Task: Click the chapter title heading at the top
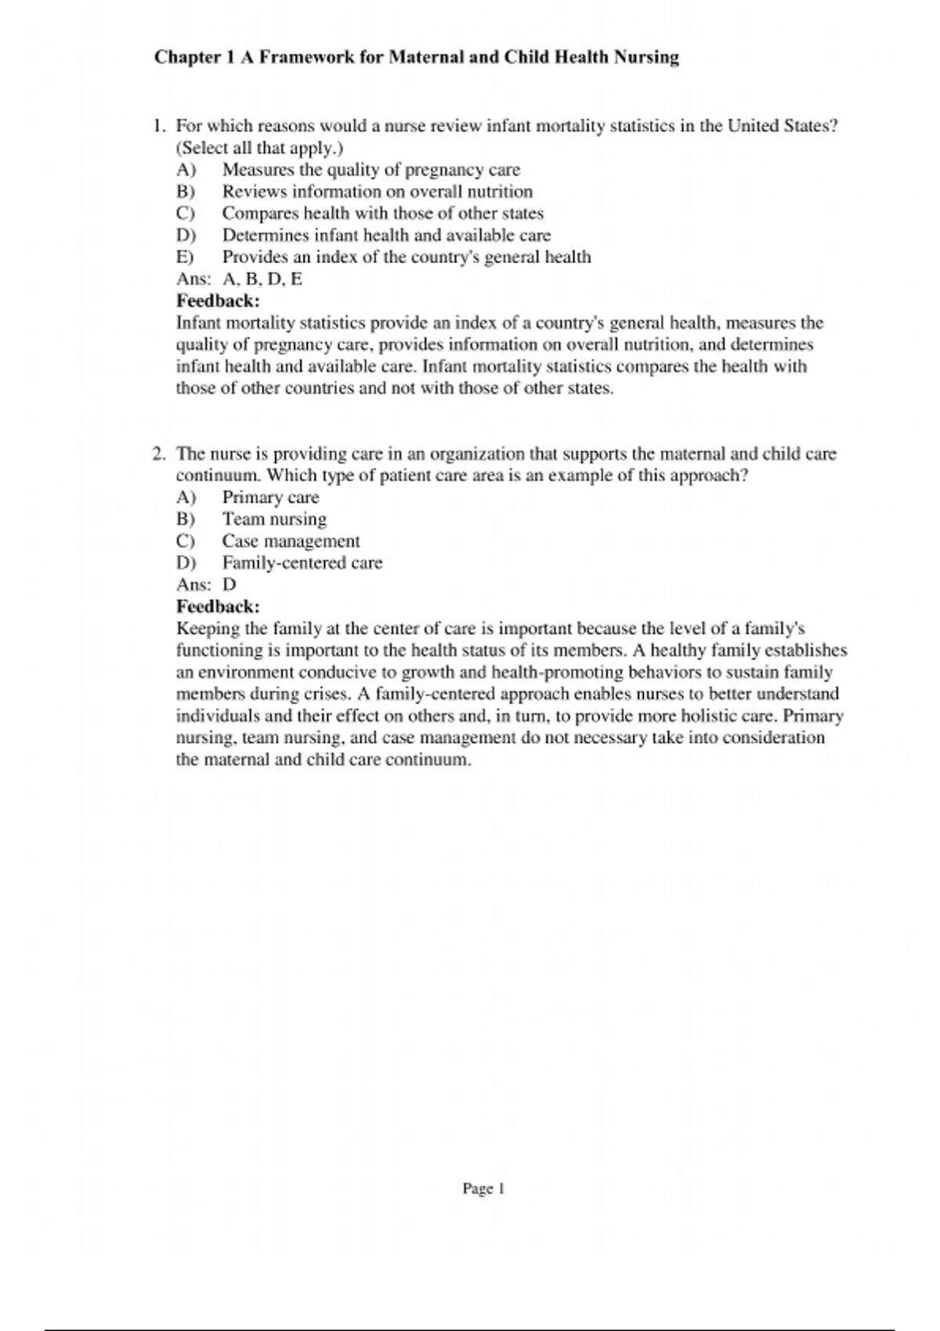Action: point(416,57)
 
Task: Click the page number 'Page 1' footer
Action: point(483,1189)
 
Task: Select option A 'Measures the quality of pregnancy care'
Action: point(371,170)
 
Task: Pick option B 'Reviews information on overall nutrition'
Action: point(377,192)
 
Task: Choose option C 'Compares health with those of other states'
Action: point(382,214)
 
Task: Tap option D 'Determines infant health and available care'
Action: point(386,236)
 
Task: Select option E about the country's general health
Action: point(406,258)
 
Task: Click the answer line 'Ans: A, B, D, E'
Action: point(239,280)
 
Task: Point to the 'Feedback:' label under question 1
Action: point(218,301)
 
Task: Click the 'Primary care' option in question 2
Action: point(270,498)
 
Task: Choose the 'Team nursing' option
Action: point(274,520)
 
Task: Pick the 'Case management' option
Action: point(291,542)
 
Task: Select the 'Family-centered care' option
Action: point(302,564)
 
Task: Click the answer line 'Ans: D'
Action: point(206,585)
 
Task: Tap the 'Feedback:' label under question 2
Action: point(218,607)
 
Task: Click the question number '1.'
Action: point(159,126)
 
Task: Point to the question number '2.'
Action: point(159,454)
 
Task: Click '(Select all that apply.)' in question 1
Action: point(259,148)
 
